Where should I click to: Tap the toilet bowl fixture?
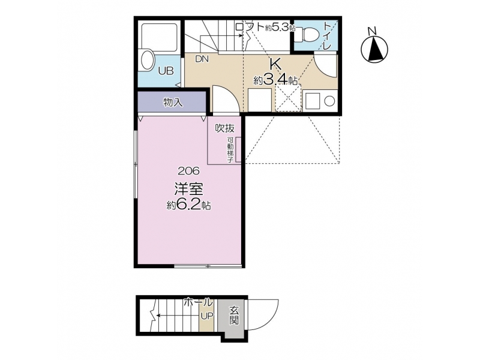point(308,34)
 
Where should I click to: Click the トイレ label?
point(327,35)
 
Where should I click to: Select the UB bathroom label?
point(166,71)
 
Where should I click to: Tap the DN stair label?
point(202,59)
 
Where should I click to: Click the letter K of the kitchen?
point(275,64)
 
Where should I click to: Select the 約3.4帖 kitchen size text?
point(275,80)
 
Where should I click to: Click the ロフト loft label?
point(250,27)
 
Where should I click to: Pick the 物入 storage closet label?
point(173,102)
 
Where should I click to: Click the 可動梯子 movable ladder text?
point(230,149)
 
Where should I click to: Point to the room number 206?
point(188,170)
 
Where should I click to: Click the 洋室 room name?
point(189,188)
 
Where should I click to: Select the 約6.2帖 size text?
point(188,205)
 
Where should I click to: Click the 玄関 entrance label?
point(234,316)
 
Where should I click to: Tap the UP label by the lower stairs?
point(206,316)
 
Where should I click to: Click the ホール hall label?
point(198,302)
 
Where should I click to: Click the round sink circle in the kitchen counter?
point(329,101)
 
